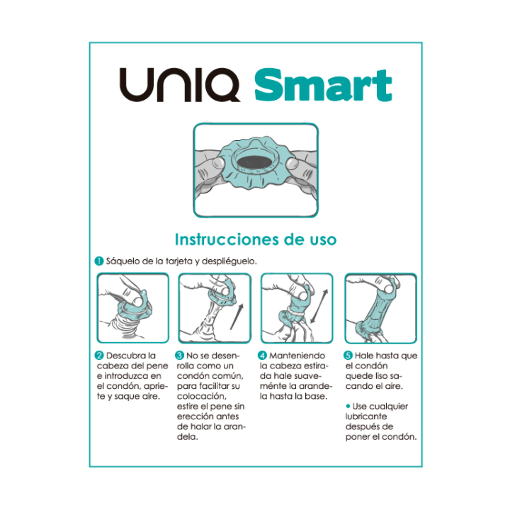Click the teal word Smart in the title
click(323, 86)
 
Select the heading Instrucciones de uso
click(255, 239)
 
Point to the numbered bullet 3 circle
click(180, 355)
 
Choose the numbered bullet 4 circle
click(263, 355)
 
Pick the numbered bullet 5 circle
click(348, 355)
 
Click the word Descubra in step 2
click(126, 355)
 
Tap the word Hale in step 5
click(366, 355)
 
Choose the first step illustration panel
click(132, 307)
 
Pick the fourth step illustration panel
click(380, 307)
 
